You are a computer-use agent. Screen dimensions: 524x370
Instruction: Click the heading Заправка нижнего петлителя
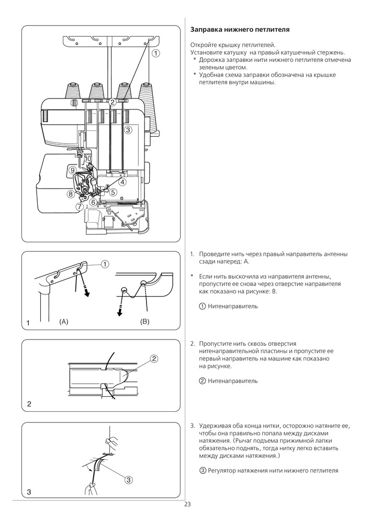pos(240,30)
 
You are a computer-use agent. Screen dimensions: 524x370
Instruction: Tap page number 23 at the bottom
pos(187,505)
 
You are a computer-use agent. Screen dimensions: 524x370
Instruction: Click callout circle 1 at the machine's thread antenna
pos(155,53)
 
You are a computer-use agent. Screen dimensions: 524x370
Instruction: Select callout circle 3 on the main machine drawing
pos(128,129)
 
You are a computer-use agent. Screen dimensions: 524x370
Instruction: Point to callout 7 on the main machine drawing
pos(79,206)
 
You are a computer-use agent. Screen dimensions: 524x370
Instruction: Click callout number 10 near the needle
pos(87,158)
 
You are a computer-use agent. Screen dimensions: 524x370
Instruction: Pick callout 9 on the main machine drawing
pos(72,169)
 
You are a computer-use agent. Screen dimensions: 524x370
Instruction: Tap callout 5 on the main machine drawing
pos(113,192)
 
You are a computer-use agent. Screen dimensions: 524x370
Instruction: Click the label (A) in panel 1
pos(64,320)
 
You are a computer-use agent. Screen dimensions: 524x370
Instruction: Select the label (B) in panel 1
pos(145,320)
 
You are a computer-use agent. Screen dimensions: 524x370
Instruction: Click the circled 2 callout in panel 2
pos(154,359)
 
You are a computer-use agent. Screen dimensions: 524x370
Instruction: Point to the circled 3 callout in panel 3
pos(128,479)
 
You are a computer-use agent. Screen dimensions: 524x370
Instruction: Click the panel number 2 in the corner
pos(29,404)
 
